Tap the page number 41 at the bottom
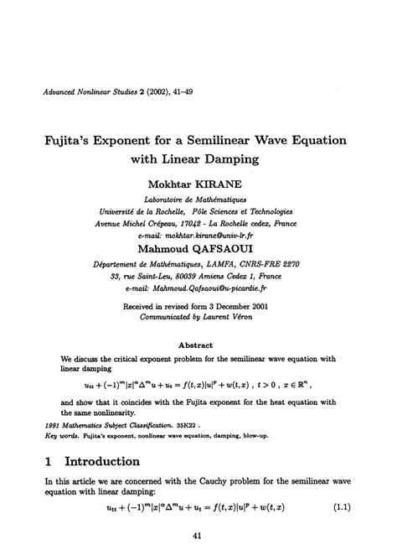click(198, 537)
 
